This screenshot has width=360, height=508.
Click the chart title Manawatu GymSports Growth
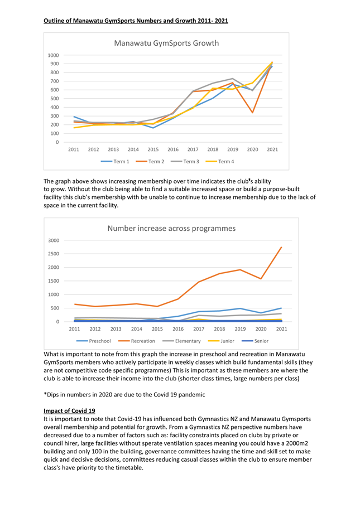tap(166, 43)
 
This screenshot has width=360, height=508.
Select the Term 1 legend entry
tap(115, 161)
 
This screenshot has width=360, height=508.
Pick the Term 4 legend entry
tap(220, 161)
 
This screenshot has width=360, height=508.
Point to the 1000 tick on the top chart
tap(53, 55)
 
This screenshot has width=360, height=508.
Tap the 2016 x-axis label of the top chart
tap(173, 149)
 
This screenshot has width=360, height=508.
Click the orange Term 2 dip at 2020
tap(252, 113)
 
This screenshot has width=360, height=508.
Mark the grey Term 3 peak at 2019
tap(233, 79)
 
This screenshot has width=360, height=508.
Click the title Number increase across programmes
tap(171, 229)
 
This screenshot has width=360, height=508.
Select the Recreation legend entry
tap(137, 341)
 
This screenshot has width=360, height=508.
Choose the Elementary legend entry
tap(181, 341)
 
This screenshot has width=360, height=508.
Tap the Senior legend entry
tap(255, 341)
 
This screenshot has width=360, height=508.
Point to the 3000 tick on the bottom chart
tap(54, 240)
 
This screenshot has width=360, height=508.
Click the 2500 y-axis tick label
tap(54, 254)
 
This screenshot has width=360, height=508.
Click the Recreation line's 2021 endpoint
tap(281, 247)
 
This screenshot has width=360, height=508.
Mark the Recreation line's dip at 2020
tap(261, 279)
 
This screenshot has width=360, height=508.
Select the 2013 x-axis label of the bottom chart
tap(116, 329)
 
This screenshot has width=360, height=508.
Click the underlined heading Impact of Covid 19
tap(69, 411)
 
